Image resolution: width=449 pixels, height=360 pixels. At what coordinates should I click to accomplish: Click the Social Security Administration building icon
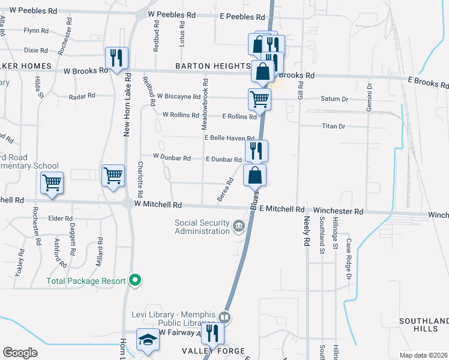pos(239,227)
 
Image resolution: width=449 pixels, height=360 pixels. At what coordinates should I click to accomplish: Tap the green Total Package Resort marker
pos(135,280)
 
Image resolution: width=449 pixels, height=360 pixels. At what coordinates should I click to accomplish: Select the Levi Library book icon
pos(224,317)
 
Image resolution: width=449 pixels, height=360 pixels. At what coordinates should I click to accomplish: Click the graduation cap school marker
pos(146,341)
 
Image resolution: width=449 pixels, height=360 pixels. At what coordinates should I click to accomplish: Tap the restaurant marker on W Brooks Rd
pos(116,58)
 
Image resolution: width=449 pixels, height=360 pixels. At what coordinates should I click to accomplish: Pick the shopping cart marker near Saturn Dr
pos(259,99)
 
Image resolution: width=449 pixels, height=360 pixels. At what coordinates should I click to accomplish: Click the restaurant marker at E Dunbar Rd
pos(256,151)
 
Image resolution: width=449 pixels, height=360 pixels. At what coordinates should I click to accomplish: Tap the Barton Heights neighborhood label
pos(212,66)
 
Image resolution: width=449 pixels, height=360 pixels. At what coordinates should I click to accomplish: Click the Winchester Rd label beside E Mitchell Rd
pos(338,211)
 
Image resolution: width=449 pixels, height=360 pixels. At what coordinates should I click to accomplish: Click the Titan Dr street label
pos(334,126)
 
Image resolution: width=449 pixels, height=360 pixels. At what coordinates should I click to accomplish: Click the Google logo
pos(20,353)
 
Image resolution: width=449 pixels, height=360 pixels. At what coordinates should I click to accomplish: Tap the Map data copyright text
pos(423,355)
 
